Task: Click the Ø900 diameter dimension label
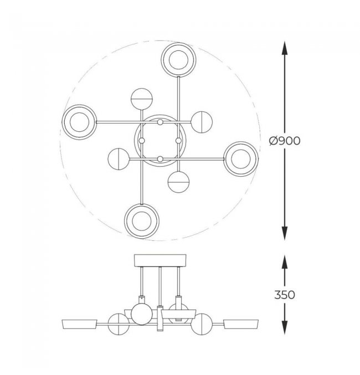pyautogui.click(x=285, y=141)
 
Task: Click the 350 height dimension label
pyautogui.click(x=285, y=295)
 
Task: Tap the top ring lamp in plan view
pyautogui.click(x=178, y=60)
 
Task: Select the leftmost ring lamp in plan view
pyautogui.click(x=79, y=122)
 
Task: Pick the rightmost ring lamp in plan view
pyautogui.click(x=241, y=159)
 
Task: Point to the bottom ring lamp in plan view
pyautogui.click(x=142, y=221)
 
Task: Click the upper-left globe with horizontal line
pyautogui.click(x=142, y=99)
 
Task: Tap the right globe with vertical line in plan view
pyautogui.click(x=202, y=122)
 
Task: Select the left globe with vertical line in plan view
pyautogui.click(x=119, y=159)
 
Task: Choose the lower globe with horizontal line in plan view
pyautogui.click(x=179, y=182)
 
